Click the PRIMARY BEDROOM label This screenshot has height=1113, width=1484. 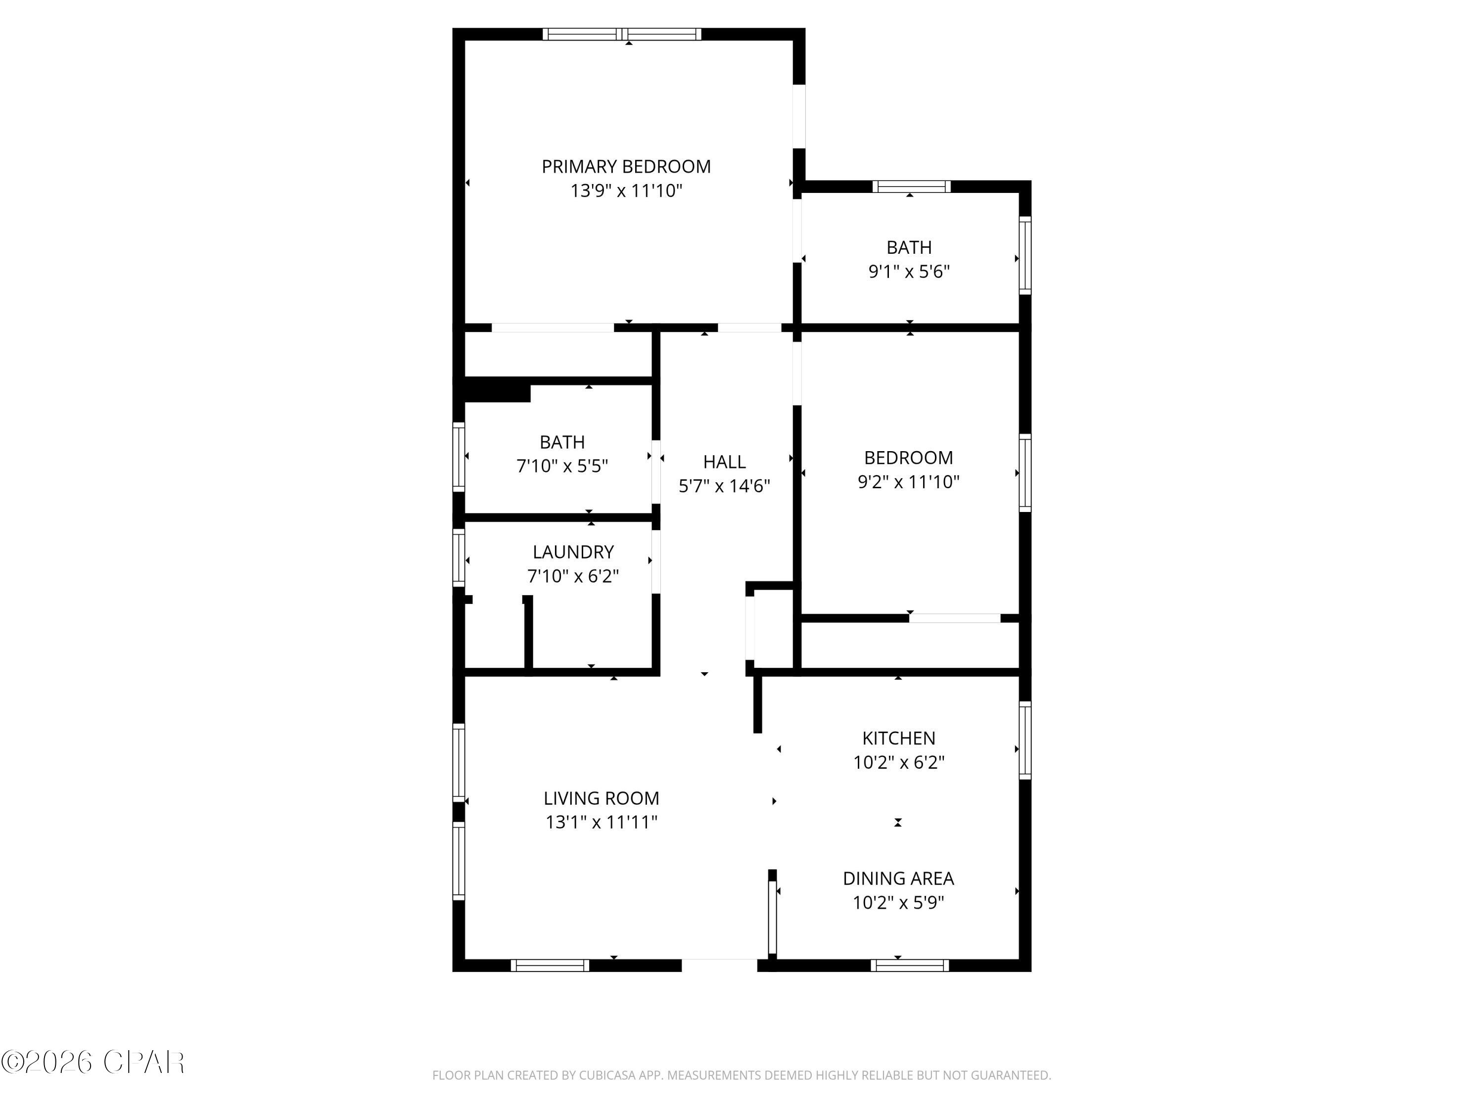tap(625, 166)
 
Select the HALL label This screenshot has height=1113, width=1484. tap(724, 462)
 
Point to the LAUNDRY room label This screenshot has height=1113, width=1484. tap(573, 552)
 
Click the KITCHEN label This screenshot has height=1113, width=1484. tap(898, 738)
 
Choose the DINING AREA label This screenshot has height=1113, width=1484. tap(898, 878)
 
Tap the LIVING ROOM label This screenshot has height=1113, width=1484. tap(601, 798)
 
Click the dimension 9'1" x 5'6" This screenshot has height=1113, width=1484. tap(909, 272)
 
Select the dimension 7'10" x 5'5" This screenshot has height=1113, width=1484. tap(562, 465)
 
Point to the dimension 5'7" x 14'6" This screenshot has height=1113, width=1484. tap(724, 486)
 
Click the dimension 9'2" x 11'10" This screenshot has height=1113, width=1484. tap(908, 482)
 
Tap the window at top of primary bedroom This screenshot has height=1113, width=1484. tap(622, 34)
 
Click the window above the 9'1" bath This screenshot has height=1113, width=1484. tap(911, 186)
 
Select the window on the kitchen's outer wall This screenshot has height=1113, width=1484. tap(1024, 740)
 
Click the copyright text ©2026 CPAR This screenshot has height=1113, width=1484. tap(93, 1062)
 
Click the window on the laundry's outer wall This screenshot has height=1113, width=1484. tap(459, 558)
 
